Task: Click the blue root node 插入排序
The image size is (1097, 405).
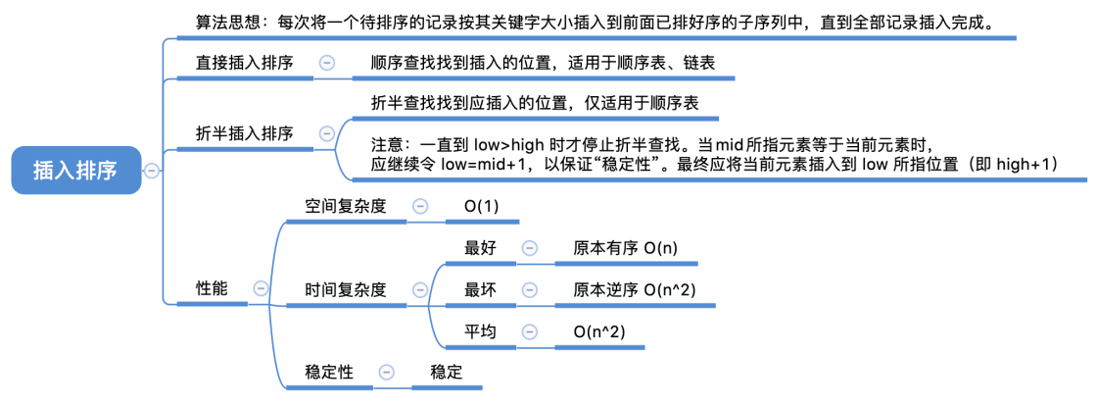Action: click(x=75, y=171)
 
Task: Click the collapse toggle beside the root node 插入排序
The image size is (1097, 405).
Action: click(x=152, y=171)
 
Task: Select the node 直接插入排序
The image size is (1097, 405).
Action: click(x=244, y=63)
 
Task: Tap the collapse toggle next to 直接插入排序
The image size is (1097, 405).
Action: click(x=327, y=63)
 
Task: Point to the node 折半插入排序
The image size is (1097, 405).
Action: click(x=244, y=133)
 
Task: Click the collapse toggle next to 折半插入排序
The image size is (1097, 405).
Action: click(x=327, y=133)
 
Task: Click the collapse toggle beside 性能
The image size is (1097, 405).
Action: click(x=261, y=288)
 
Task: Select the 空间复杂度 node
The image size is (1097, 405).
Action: click(x=346, y=206)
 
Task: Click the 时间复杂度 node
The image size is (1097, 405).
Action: click(x=346, y=289)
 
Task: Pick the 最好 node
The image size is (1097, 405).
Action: click(x=480, y=248)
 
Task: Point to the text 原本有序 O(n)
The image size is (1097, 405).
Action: click(x=625, y=248)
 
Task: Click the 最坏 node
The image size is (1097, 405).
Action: click(x=480, y=290)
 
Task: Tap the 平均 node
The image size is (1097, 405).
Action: click(x=480, y=331)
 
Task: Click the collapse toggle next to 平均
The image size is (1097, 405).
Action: click(x=529, y=331)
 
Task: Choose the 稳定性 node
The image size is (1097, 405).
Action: click(x=329, y=373)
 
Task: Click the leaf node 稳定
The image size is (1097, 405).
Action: click(x=446, y=373)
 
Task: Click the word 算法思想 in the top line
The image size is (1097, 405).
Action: click(x=228, y=22)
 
